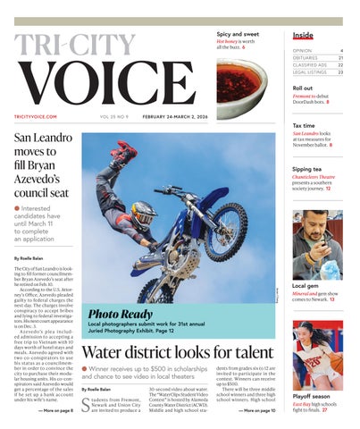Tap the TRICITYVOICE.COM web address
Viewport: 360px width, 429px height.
[x=36, y=117]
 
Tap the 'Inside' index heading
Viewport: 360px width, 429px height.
[x=303, y=36]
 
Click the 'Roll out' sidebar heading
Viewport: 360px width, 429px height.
[x=303, y=88]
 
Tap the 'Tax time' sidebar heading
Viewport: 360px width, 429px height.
[x=304, y=126]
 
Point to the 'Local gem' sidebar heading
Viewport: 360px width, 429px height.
[x=306, y=284]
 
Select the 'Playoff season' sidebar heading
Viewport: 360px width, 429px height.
[x=314, y=395]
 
